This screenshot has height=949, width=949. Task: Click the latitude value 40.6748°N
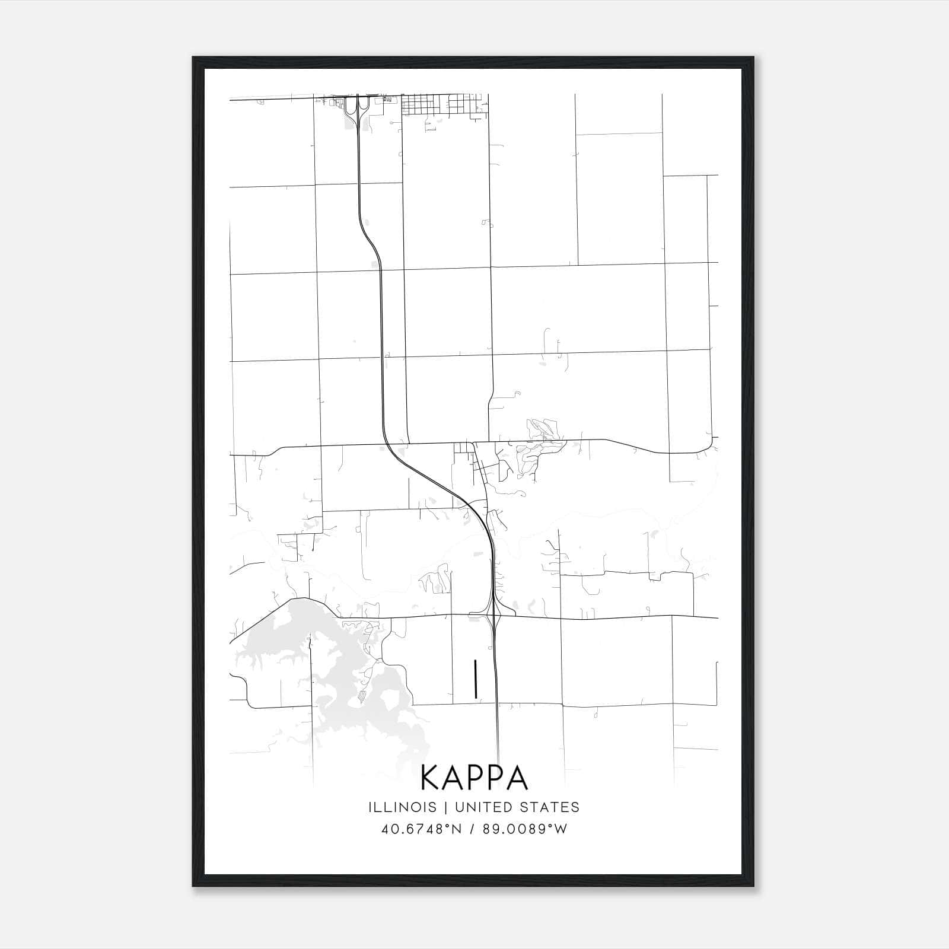pyautogui.click(x=421, y=829)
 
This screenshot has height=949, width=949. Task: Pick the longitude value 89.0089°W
pyautogui.click(x=524, y=829)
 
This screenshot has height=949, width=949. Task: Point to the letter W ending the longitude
pyautogui.click(x=561, y=829)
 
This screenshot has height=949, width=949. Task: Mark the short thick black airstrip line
pyautogui.click(x=475, y=679)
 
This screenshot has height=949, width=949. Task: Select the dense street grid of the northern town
pyautogui.click(x=445, y=104)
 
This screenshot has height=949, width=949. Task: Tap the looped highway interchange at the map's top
pyautogui.click(x=358, y=107)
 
